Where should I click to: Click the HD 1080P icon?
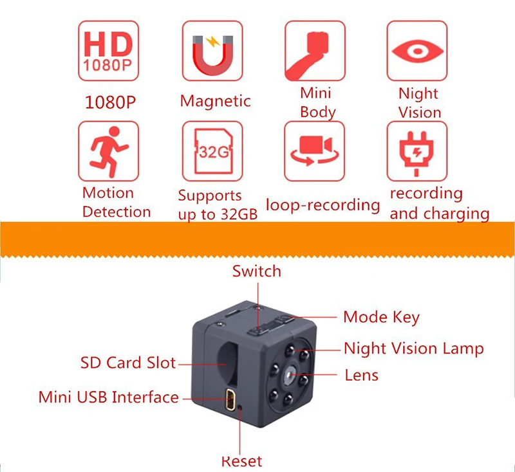pyautogui.click(x=108, y=51)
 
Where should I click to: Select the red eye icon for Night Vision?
pyautogui.click(x=417, y=51)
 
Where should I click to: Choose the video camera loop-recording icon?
pyautogui.click(x=315, y=151)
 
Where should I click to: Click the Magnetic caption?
pyautogui.click(x=216, y=101)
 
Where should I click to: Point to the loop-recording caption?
pyautogui.click(x=323, y=205)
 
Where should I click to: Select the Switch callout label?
pyautogui.click(x=257, y=271)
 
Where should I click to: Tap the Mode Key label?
pyautogui.click(x=381, y=317)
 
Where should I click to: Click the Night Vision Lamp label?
pyautogui.click(x=414, y=349)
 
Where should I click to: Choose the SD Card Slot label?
pyautogui.click(x=128, y=363)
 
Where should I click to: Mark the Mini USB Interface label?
pyautogui.click(x=109, y=397)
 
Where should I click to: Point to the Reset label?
pyautogui.click(x=242, y=461)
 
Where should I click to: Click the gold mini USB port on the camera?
pyautogui.click(x=230, y=399)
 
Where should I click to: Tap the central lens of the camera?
pyautogui.click(x=289, y=375)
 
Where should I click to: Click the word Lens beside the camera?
pyautogui.click(x=362, y=376)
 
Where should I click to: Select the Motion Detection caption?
pyautogui.click(x=117, y=203)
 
